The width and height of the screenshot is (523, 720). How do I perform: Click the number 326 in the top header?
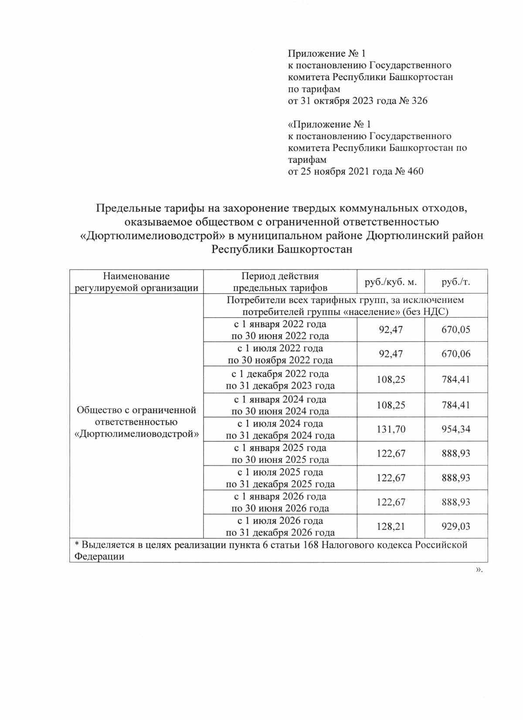coord(419,101)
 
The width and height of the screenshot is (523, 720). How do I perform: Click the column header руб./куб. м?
coord(391,282)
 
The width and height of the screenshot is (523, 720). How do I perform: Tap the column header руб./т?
coord(456,282)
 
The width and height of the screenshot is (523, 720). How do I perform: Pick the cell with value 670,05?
coord(456,330)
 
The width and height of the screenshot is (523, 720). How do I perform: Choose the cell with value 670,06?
coord(456,354)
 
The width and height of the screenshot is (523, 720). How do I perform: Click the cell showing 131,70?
coord(391,430)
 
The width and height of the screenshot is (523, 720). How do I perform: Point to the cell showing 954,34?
coord(456,430)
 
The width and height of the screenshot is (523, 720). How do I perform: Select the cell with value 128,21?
coord(391,527)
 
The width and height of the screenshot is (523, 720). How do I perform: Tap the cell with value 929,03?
coord(456,527)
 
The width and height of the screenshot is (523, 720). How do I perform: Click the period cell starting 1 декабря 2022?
coord(280,380)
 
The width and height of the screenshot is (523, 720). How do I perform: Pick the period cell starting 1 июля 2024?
coord(280,430)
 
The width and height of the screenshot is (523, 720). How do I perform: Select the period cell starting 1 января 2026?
coord(280,502)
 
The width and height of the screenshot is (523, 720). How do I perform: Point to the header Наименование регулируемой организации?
coord(136,282)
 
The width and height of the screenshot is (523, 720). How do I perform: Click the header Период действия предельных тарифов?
coord(280,282)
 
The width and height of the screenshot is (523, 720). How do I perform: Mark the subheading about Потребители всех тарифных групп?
coord(345,306)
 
